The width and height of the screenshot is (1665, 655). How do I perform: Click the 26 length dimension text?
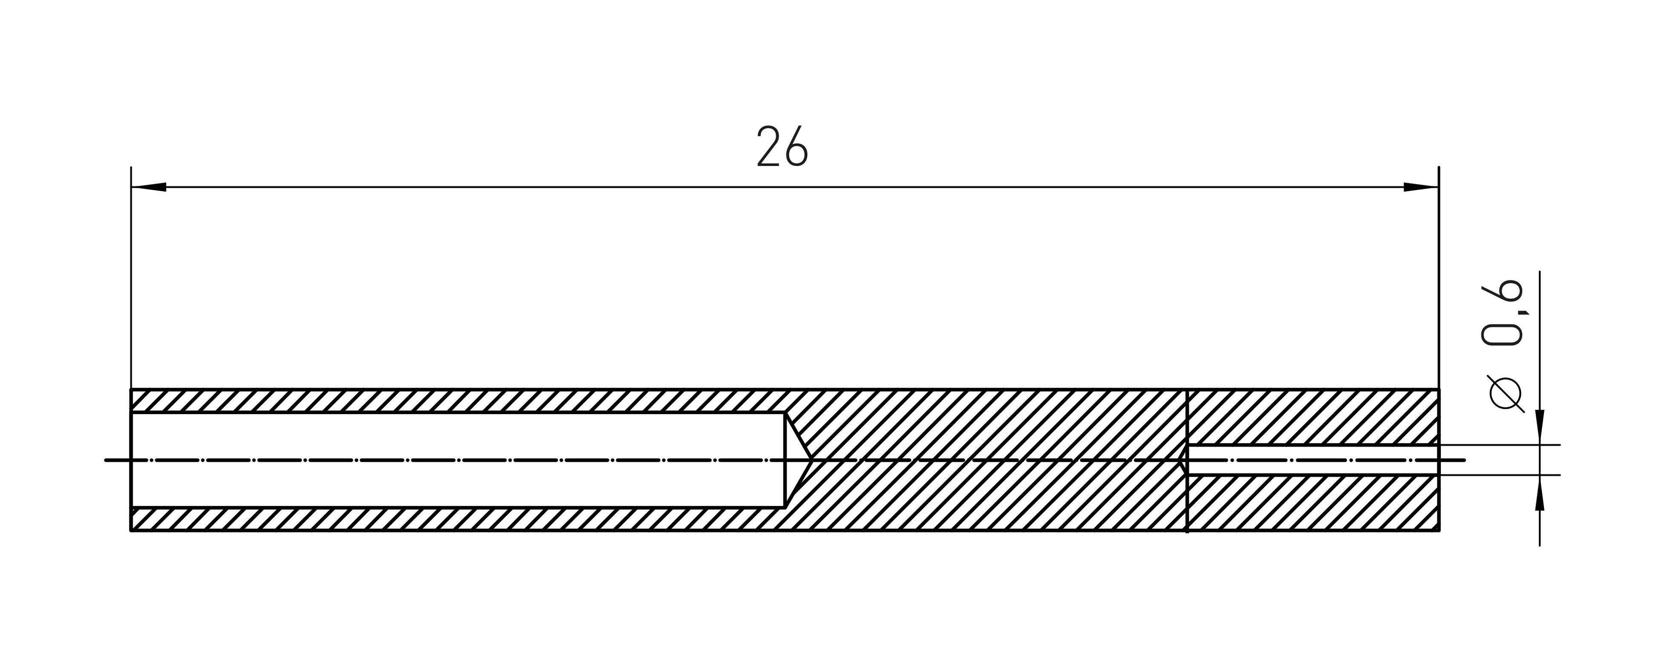click(x=782, y=148)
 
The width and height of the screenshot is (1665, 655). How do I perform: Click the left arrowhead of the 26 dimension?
click(x=149, y=187)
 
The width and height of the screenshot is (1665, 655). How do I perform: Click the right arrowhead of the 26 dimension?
click(x=1421, y=187)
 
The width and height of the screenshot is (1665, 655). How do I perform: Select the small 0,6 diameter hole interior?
click(x=1312, y=460)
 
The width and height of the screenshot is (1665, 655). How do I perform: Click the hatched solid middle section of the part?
click(x=989, y=460)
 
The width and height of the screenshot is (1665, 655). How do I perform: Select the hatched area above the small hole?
click(x=1312, y=417)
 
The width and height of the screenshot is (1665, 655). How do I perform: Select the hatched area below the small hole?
click(x=1312, y=504)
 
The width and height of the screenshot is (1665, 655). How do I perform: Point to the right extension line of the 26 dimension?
click(x=1439, y=278)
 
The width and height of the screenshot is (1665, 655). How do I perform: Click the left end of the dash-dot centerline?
click(x=107, y=460)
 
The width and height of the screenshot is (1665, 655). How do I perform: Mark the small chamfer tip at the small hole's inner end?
click(x=1183, y=460)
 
